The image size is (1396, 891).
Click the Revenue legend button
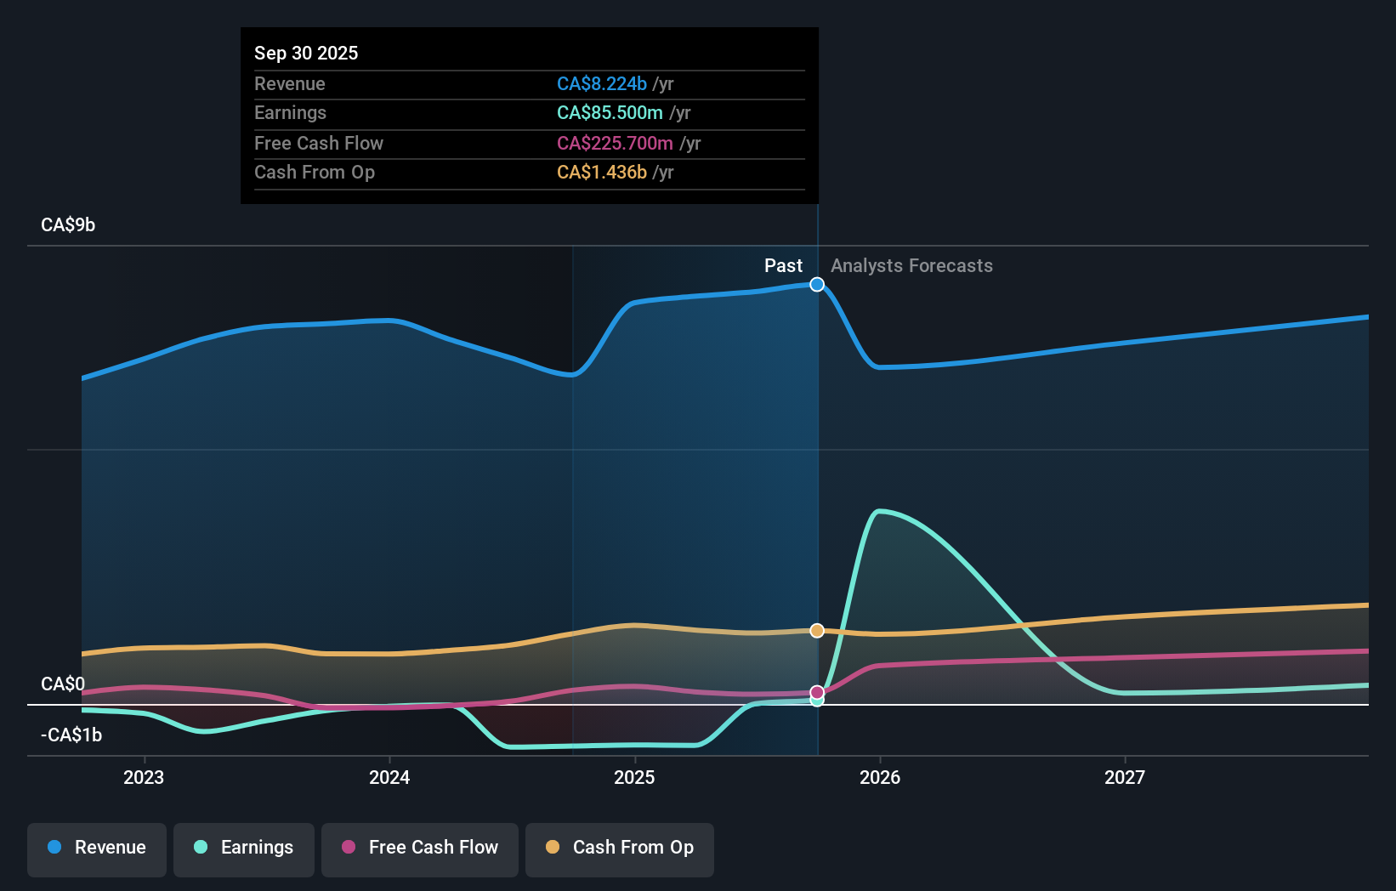coord(97,848)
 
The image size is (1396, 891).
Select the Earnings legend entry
coord(244,848)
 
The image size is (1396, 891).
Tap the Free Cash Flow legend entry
coord(420,848)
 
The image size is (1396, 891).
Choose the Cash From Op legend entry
coord(620,848)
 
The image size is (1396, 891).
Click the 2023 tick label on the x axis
coord(144,777)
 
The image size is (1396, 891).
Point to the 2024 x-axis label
coord(389,777)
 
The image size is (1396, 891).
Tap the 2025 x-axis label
coord(634,777)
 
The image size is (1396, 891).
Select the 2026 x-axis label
coord(880,777)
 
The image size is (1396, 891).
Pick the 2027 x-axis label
coord(1125,777)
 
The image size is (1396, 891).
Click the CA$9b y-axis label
coord(68,225)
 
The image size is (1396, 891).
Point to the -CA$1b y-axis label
coord(71,735)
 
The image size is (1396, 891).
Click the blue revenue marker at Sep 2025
coord(817,285)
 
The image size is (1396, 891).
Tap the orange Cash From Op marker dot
coord(817,631)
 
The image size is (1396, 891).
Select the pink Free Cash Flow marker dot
coord(817,692)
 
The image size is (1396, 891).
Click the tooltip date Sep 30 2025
coord(306,53)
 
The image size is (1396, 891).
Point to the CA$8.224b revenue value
coord(602,84)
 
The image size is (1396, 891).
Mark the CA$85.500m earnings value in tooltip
coord(610,113)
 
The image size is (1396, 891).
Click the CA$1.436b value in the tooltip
coord(602,173)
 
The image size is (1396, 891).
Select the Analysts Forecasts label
coord(911,266)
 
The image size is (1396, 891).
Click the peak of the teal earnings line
coord(879,511)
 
